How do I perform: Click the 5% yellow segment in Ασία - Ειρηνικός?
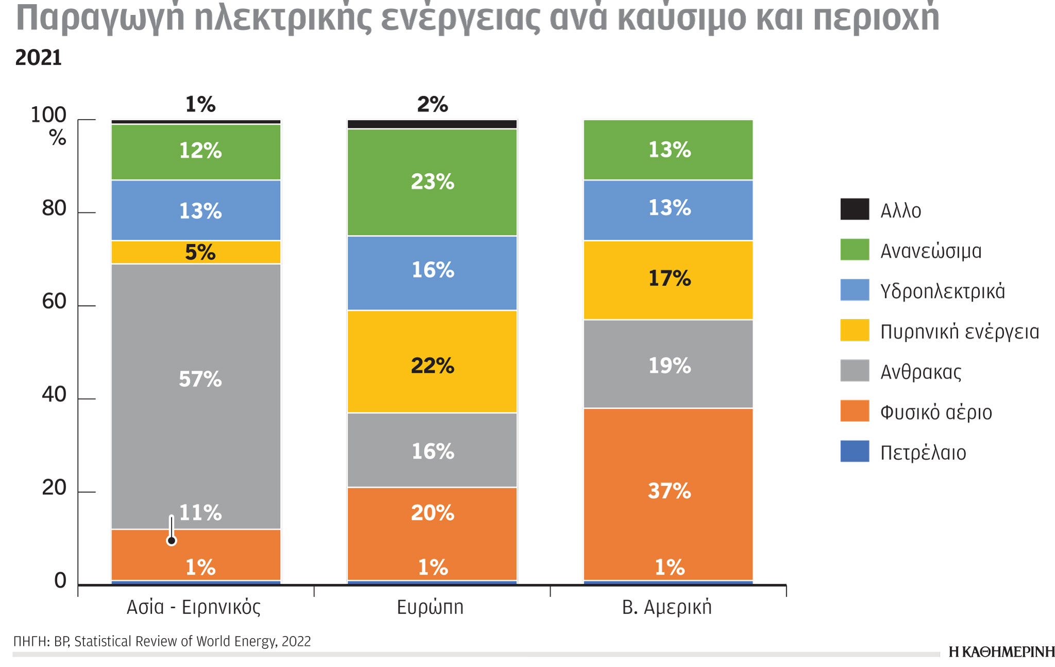[196, 252]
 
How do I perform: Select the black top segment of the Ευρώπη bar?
[432, 124]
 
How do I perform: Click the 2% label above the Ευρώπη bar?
[432, 105]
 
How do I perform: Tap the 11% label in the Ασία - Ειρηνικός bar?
[200, 513]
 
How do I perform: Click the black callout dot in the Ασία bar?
[172, 540]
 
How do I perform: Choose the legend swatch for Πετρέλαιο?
[855, 451]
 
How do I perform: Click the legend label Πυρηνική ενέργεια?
[959, 331]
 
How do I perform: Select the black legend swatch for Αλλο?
[855, 209]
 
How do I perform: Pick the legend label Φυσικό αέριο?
[935, 412]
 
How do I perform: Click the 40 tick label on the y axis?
[54, 395]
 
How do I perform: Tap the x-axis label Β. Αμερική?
[667, 607]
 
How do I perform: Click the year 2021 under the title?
[39, 58]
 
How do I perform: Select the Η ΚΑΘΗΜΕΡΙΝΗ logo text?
[1001, 652]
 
